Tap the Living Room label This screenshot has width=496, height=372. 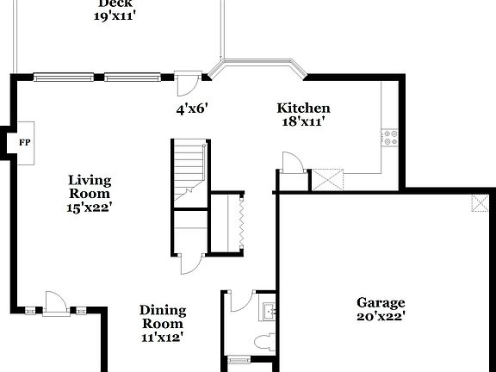(x=90, y=186)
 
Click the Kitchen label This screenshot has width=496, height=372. (x=303, y=108)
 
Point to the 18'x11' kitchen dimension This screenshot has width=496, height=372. (x=303, y=121)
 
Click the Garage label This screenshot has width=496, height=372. (x=381, y=302)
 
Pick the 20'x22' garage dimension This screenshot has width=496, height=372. (x=381, y=316)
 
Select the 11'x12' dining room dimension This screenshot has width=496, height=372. (x=163, y=338)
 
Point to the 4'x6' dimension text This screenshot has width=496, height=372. (x=193, y=108)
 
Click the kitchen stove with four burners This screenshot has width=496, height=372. (x=390, y=135)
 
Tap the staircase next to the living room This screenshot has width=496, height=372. (x=189, y=172)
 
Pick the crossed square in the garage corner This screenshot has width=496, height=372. (x=477, y=203)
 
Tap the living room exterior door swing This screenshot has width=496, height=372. (x=55, y=301)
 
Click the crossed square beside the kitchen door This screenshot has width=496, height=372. (x=328, y=179)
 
